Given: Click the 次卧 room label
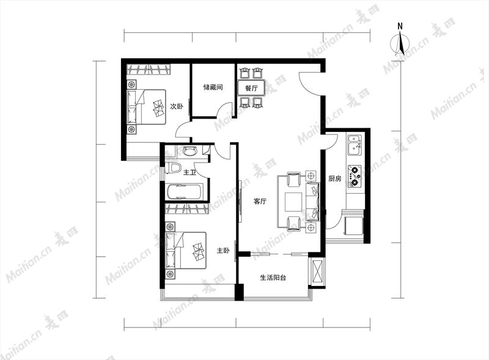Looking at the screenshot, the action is point(177,106).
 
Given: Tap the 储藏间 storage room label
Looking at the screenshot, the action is point(213,87).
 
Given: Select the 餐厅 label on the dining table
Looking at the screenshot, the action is point(251,88).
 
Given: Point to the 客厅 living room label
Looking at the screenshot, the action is point(260,201).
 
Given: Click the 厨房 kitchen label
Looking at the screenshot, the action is point(334,178).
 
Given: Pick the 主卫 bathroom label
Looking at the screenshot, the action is point(189,172).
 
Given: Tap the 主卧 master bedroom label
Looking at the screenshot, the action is point(223,251).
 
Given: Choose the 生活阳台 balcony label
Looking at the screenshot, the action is point(273,277).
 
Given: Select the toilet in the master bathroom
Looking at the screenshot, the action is point(173,168).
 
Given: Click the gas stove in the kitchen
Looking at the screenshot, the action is point(355,176).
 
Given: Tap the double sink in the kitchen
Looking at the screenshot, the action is point(355,145).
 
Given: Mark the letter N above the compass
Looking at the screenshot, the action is point(400,26).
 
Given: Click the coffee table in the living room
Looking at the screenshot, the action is point(293,202).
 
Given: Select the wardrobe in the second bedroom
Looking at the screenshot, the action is point(149,69).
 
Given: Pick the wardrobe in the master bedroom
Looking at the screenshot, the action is point(187,208).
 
